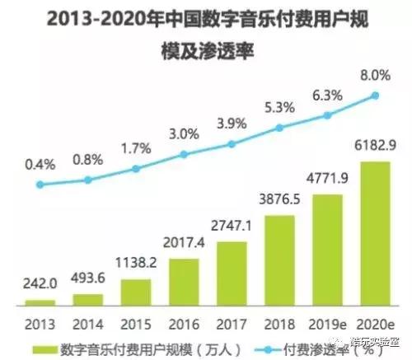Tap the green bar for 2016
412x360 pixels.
[185, 280]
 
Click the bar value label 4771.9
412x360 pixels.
[327, 178]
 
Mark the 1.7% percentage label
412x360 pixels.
[137, 150]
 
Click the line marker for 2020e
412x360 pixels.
[375, 96]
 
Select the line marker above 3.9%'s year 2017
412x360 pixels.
[232, 143]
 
